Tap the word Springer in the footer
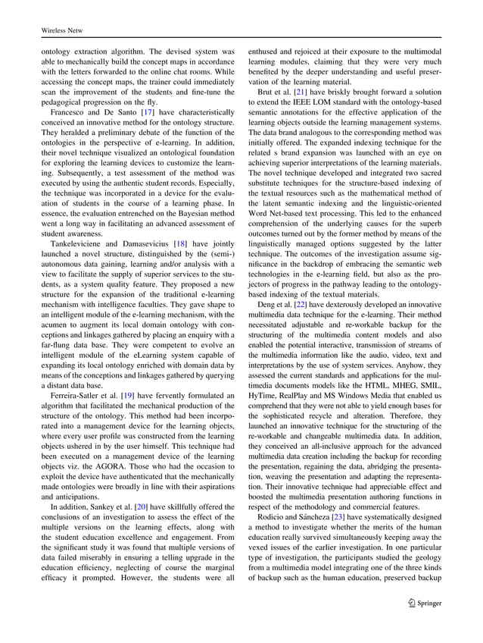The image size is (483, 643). (427, 604)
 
